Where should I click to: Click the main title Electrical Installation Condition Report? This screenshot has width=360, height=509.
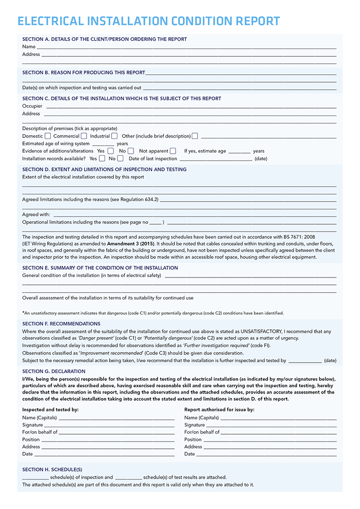click(149, 21)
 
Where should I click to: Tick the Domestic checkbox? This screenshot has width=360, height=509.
click(48, 136)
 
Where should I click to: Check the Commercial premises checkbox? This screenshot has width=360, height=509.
click(84, 136)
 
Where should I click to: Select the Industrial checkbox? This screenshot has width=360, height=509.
click(114, 136)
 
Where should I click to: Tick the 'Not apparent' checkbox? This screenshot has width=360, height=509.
click(173, 151)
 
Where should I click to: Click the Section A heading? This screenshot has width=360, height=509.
click(105, 39)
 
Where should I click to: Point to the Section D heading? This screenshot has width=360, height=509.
click(104, 169)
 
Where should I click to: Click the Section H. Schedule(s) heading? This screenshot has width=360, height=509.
click(52, 469)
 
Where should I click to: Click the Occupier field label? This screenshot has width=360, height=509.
click(32, 106)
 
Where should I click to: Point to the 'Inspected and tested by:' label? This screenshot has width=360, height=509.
click(50, 410)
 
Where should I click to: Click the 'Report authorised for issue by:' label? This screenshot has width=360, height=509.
click(219, 410)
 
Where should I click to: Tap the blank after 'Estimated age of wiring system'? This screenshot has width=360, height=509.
click(103, 144)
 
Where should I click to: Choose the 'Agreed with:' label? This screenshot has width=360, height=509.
click(36, 215)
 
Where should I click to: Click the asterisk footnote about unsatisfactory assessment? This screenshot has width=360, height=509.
click(153, 313)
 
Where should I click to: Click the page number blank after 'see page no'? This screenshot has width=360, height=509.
click(156, 222)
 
